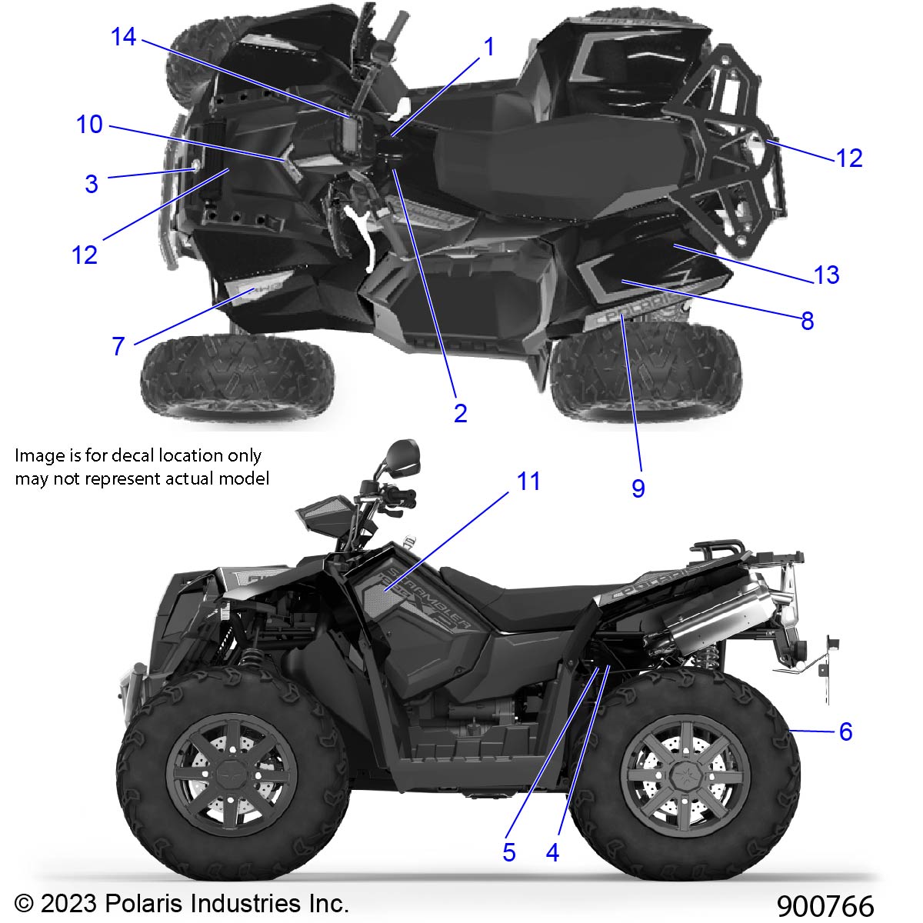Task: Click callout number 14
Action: pyautogui.click(x=123, y=36)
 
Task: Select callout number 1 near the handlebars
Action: pyautogui.click(x=488, y=47)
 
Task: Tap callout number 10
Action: pyautogui.click(x=89, y=124)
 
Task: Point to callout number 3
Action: pyautogui.click(x=92, y=184)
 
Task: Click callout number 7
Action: pyautogui.click(x=118, y=347)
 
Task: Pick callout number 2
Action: pyautogui.click(x=460, y=413)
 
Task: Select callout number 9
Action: pyautogui.click(x=638, y=488)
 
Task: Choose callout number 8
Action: pyautogui.click(x=807, y=321)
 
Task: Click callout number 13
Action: pyautogui.click(x=826, y=275)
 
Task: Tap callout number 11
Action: pyautogui.click(x=528, y=481)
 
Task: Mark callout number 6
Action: pyautogui.click(x=845, y=731)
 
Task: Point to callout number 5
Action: pyautogui.click(x=508, y=852)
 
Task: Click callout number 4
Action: pyautogui.click(x=552, y=852)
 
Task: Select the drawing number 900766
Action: pyautogui.click(x=825, y=905)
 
